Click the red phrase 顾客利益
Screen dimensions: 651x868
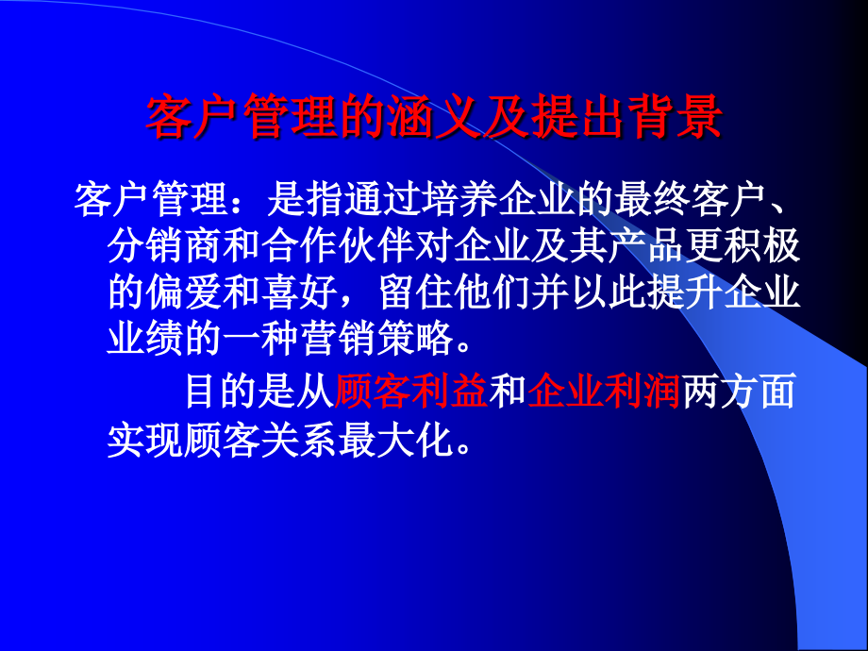coord(410,392)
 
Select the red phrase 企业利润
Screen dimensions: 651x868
coord(604,392)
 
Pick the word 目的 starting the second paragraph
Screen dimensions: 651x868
coord(223,392)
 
